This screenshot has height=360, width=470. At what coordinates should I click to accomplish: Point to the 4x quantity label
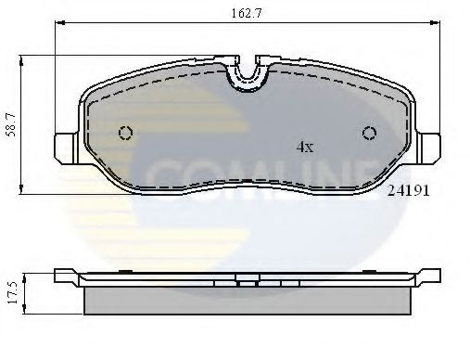coord(305,147)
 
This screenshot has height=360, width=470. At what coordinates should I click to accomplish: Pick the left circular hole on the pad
coord(126,133)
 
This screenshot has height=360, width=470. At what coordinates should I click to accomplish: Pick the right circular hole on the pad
coord(369,133)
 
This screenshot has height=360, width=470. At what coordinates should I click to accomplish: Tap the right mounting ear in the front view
coord(430,146)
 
